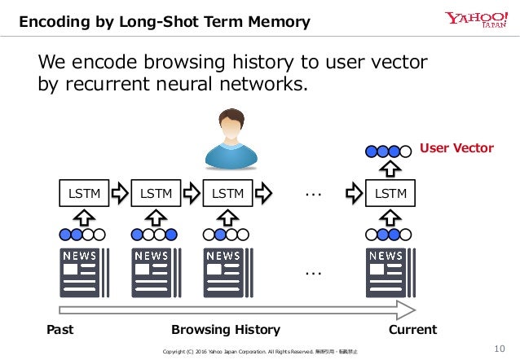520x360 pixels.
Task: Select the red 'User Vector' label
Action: coord(456,148)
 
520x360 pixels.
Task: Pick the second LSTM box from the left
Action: coord(155,194)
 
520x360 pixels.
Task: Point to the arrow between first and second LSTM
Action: coord(119,194)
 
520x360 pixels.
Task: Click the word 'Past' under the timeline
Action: coord(60,330)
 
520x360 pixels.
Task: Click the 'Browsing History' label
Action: coord(226,330)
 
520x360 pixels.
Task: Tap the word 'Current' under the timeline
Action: coord(413,330)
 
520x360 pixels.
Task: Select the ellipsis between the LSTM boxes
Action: coord(312,194)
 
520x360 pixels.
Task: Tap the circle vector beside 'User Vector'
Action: coord(388,151)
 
